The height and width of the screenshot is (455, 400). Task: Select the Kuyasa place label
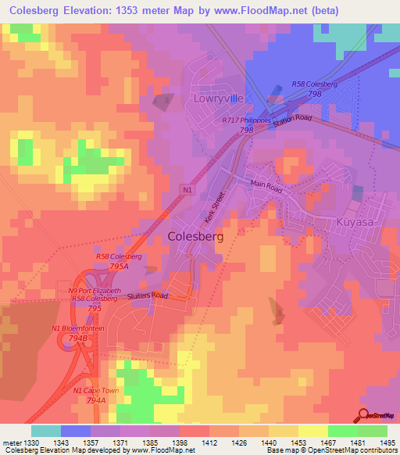(x=356, y=224)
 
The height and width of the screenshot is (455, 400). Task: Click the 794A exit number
(x=95, y=399)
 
